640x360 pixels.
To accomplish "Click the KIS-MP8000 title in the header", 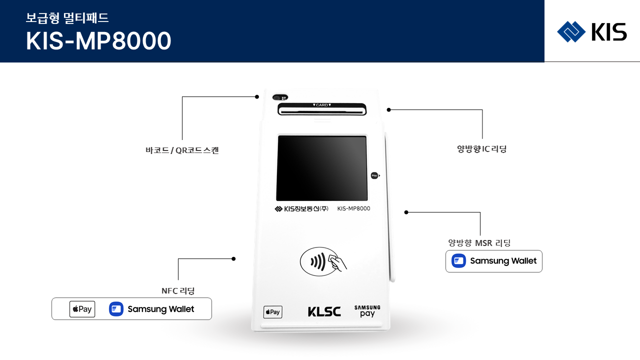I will [98, 41].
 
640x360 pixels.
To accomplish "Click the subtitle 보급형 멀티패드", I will [67, 18].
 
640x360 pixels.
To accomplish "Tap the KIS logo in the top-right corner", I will [591, 32].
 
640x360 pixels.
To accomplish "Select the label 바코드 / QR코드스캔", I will [182, 150].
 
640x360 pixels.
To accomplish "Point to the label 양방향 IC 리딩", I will [481, 149].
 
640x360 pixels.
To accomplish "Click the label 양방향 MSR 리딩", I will [479, 243].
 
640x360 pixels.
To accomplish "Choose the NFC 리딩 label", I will [178, 290].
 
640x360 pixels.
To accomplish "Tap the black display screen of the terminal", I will [322, 168].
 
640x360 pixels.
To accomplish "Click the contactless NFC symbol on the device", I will [323, 261].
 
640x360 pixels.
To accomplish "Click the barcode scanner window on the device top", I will [280, 97].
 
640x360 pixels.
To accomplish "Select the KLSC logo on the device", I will [324, 312].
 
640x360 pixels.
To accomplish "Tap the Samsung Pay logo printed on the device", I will [367, 311].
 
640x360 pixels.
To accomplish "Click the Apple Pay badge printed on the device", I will [272, 312].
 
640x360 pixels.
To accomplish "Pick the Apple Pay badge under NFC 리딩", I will [82, 309].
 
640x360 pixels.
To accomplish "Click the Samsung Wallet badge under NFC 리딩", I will [151, 309].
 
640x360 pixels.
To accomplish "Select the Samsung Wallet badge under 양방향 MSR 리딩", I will [494, 261].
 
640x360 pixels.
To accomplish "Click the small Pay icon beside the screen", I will [374, 175].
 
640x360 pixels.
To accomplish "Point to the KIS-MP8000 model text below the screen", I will [353, 208].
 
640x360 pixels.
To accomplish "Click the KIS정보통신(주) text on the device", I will [301, 209].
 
